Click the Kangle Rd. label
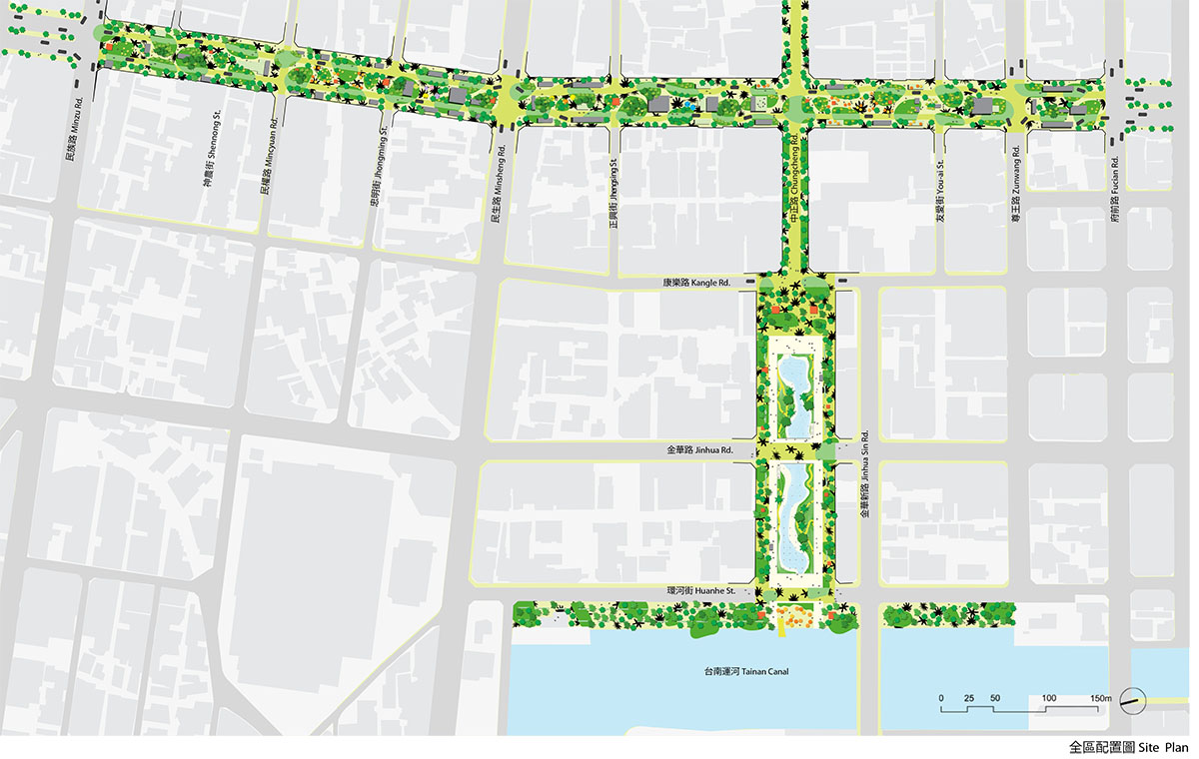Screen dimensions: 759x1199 coord(696,284)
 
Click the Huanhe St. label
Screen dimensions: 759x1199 coord(702,591)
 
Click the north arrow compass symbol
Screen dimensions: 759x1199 coord(1132,702)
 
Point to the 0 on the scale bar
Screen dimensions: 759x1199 coord(940,696)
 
